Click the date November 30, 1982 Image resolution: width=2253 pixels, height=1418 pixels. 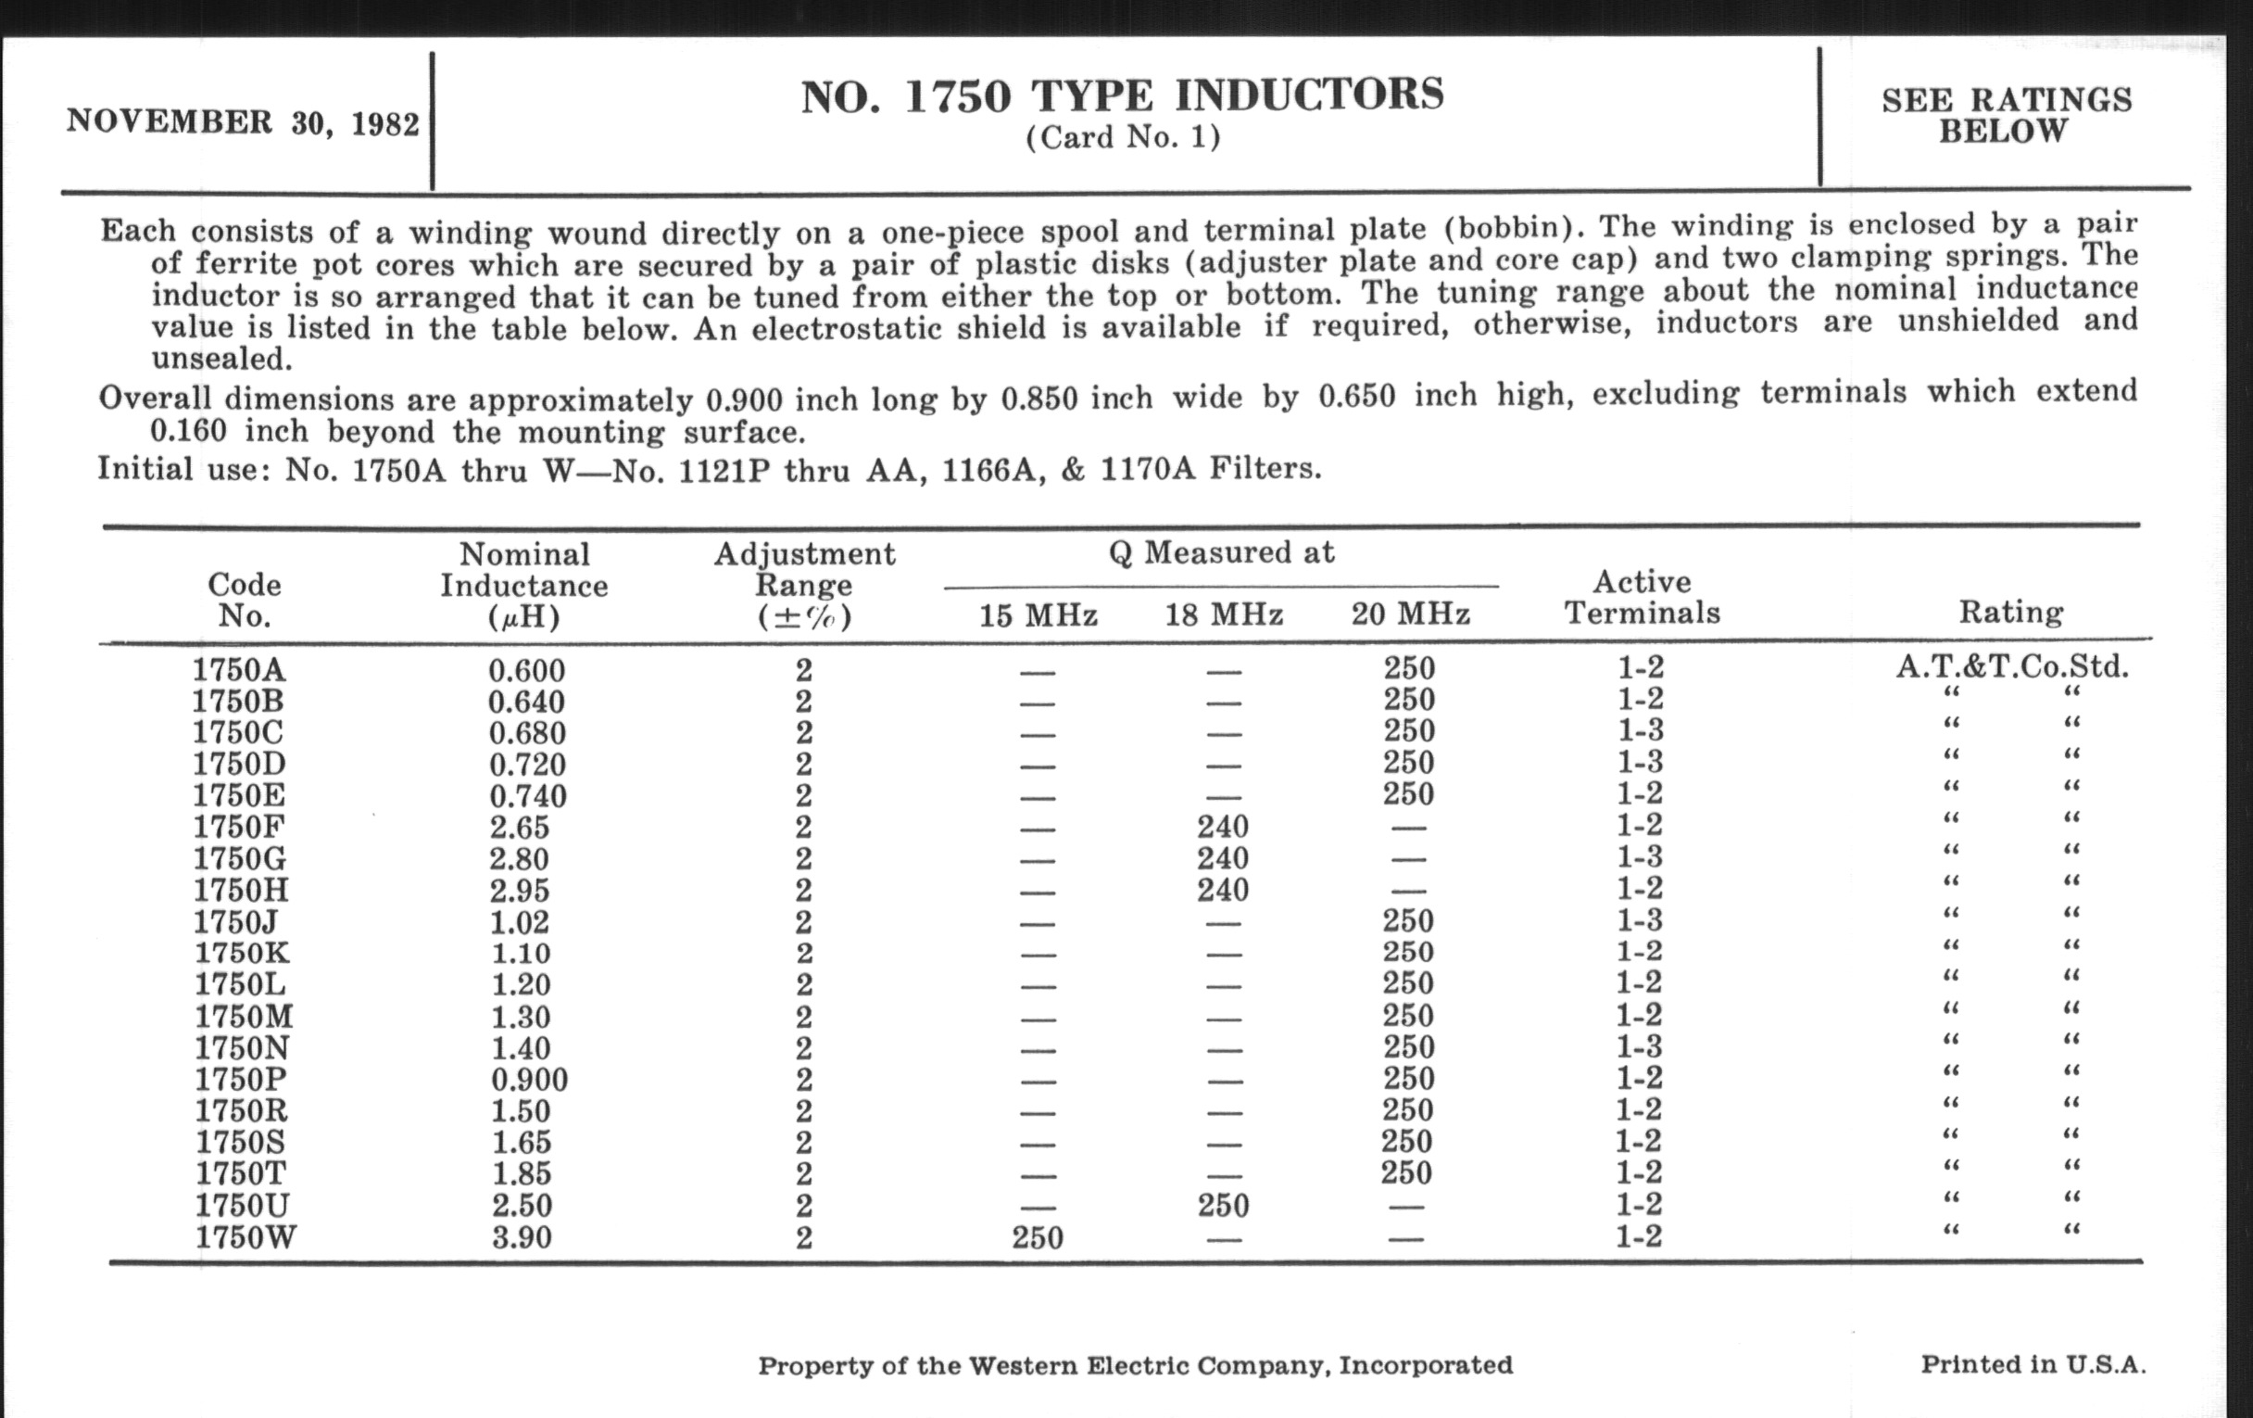[243, 122]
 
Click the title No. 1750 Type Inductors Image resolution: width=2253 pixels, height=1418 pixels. [1122, 96]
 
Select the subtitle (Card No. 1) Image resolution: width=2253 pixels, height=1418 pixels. [1123, 138]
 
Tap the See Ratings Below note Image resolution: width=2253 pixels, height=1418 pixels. [2006, 115]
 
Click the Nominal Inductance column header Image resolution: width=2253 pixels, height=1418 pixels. [524, 586]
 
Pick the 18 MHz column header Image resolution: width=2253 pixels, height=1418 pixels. [1223, 615]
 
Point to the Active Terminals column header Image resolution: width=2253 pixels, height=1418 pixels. [1642, 597]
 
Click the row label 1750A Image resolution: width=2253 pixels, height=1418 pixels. [239, 670]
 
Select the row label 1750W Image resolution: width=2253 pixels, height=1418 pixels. [245, 1237]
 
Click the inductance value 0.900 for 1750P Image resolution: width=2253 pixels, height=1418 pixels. [529, 1080]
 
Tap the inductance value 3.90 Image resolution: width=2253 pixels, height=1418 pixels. [522, 1237]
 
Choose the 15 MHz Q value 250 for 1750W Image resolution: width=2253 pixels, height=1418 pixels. [1038, 1237]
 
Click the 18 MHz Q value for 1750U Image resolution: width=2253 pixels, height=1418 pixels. [1223, 1206]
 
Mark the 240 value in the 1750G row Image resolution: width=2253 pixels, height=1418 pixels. [1223, 858]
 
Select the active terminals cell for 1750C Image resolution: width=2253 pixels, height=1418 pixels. [1641, 731]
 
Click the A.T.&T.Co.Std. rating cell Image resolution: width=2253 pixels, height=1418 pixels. [2011, 667]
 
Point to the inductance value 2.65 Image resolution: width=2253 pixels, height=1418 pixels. [520, 828]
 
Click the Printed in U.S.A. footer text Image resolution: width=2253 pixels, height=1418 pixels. [2033, 1363]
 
